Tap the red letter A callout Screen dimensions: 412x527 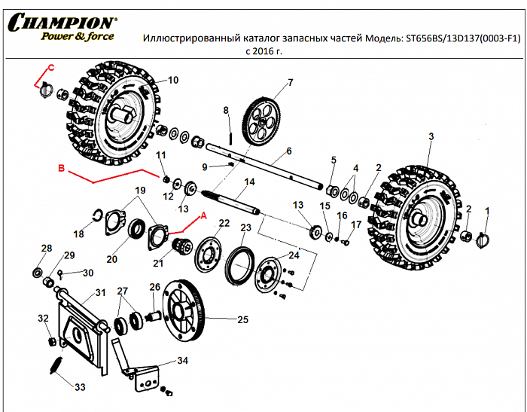click(201, 215)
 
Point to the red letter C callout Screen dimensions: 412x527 click(51, 69)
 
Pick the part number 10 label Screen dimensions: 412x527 click(172, 80)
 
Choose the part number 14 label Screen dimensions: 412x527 click(250, 182)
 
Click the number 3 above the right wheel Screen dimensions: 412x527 click(431, 136)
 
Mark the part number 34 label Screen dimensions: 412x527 click(182, 362)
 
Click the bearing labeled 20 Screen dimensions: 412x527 click(139, 227)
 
